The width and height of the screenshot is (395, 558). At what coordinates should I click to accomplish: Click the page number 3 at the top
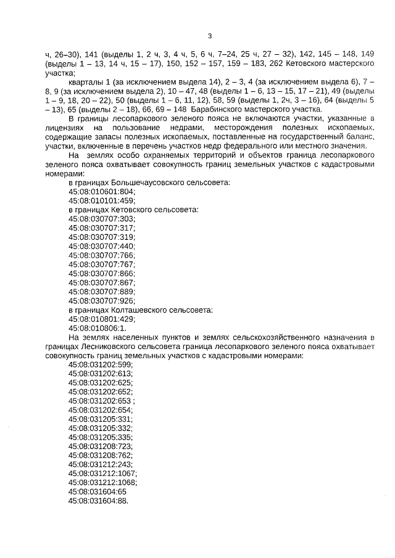(210, 35)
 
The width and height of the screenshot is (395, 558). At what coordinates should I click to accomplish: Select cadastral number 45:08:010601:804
(101, 192)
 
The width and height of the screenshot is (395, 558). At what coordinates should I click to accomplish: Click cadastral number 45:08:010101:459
(101, 201)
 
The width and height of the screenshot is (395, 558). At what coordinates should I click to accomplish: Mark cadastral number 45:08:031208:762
(101, 454)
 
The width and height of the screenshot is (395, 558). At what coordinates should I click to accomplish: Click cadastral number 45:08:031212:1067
(103, 473)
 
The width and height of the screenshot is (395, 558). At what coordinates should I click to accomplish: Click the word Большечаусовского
(144, 183)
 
